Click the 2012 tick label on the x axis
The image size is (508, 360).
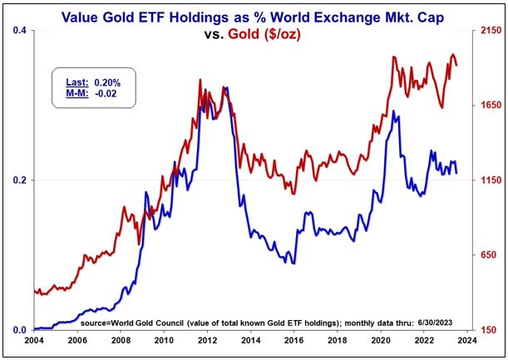point(207,339)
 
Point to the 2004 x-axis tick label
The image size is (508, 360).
point(34,339)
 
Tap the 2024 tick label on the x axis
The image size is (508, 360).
point(466,339)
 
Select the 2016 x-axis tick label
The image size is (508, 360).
point(293,339)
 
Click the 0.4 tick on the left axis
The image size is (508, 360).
point(18,31)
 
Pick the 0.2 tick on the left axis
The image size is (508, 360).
point(18,180)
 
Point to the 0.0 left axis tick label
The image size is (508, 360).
point(18,330)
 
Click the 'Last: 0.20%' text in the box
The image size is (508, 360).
point(94,82)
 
